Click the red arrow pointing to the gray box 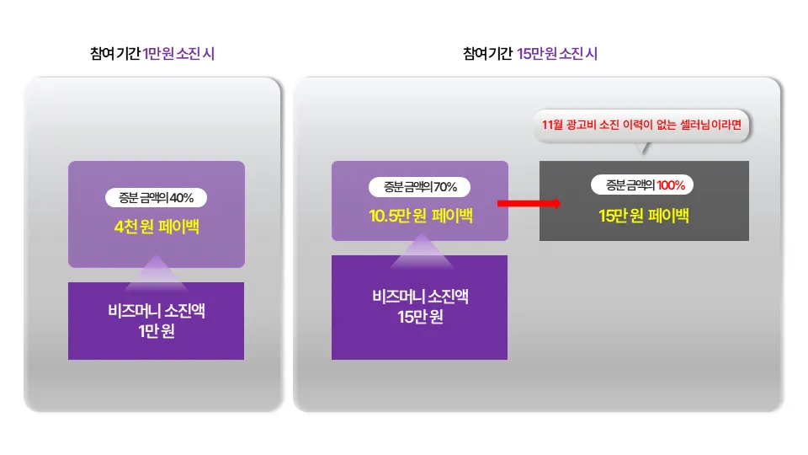tap(528, 203)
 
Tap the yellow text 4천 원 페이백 tap(157, 227)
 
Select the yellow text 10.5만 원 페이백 tap(420, 217)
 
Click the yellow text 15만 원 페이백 tap(644, 216)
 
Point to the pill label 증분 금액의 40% tap(157, 198)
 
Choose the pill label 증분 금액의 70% tap(420, 187)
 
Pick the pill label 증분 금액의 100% tap(644, 185)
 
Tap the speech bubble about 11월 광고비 tap(643, 126)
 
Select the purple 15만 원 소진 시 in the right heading tap(557, 54)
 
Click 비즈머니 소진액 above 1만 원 tap(157, 313)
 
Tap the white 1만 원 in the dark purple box tap(157, 332)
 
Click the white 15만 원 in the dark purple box tap(420, 317)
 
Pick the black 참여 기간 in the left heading tap(114, 54)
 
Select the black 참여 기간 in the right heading tap(487, 54)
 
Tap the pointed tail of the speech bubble tap(645, 149)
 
